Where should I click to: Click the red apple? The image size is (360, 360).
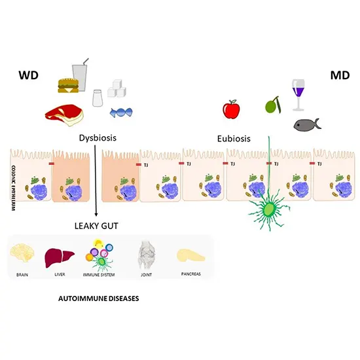click(x=231, y=110)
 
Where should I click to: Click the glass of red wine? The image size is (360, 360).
click(x=299, y=92)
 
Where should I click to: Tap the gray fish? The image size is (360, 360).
click(x=304, y=124)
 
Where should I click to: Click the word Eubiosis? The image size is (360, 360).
click(x=238, y=139)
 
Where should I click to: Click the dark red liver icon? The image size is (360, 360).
click(x=56, y=255)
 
